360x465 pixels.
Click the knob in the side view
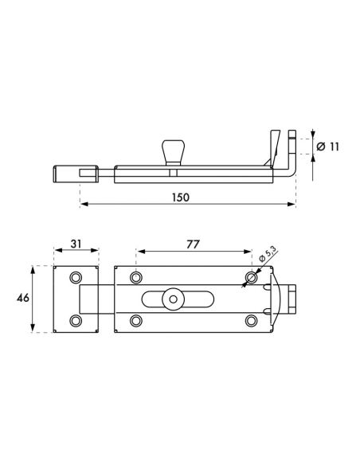click(x=172, y=150)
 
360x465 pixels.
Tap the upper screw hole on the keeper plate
click(x=76, y=278)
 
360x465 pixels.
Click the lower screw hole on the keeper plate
click(x=76, y=320)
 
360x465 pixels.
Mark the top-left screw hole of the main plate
click(x=136, y=278)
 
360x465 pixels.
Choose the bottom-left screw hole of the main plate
click(x=136, y=320)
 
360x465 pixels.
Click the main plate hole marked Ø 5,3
click(x=252, y=278)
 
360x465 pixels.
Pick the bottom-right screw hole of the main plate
click(x=252, y=320)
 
